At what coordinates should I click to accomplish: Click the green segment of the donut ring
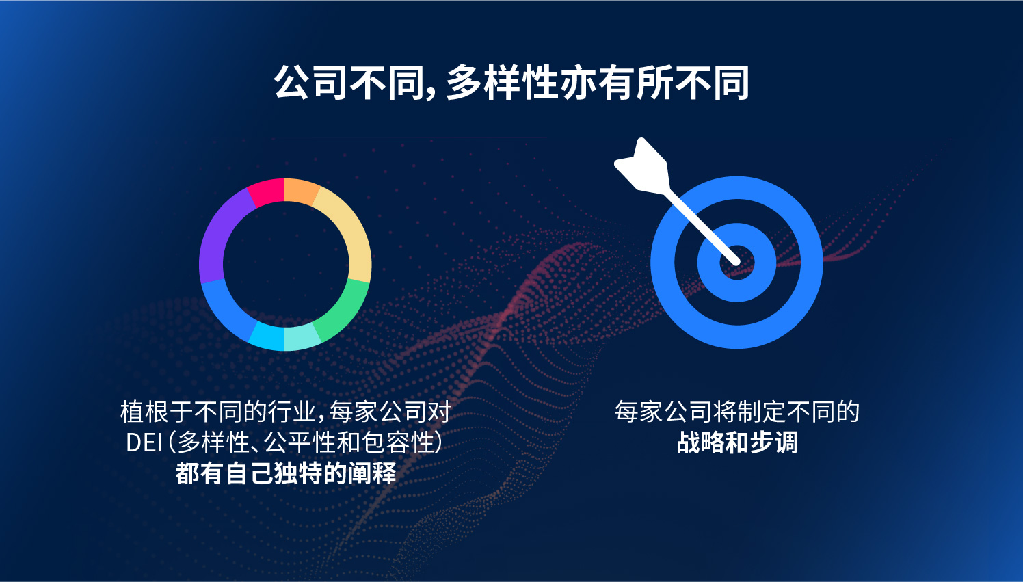347,310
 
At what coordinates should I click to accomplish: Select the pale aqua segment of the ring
302,338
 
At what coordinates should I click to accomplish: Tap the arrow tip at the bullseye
736,262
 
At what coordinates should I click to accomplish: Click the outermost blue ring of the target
662,263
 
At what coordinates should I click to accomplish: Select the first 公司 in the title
310,83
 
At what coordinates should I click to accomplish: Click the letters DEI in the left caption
144,442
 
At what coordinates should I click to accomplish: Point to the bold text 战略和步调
736,442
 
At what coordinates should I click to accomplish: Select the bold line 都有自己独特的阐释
285,473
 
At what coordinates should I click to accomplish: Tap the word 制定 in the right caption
760,412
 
